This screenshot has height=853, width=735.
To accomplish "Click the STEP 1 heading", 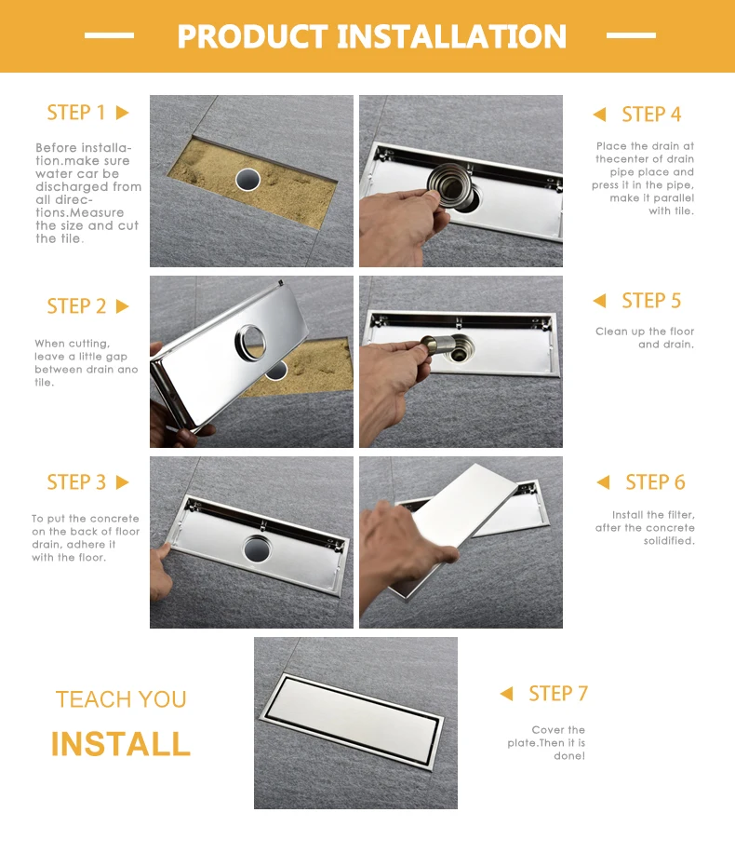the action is coord(76,113).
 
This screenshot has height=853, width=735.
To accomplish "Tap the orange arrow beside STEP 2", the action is coord(122,306).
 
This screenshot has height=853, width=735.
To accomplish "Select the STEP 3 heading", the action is coord(76,482).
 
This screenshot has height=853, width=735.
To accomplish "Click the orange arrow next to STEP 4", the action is coord(599,115).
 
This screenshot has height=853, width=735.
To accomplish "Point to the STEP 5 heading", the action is coord(651,300).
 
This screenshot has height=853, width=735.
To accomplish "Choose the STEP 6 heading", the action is coord(655,482).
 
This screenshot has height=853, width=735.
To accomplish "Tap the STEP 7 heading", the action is coord(558,694).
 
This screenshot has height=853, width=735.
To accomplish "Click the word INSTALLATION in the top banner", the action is coord(452,36).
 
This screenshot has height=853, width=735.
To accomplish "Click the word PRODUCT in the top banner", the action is coord(252,36).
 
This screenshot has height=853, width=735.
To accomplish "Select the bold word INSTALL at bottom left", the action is coord(121,744).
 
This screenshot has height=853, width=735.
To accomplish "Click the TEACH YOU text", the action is coord(121,699).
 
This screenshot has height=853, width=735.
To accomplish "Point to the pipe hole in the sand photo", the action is coord(247,179).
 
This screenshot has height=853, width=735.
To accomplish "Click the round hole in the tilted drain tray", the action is coord(250,343).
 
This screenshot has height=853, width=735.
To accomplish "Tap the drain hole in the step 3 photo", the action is coord(257,548).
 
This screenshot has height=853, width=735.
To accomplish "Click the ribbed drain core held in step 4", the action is coord(450,186).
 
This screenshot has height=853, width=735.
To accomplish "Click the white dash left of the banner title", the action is coord(109,35).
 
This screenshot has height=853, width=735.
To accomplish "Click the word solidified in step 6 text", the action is coord(669,541).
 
